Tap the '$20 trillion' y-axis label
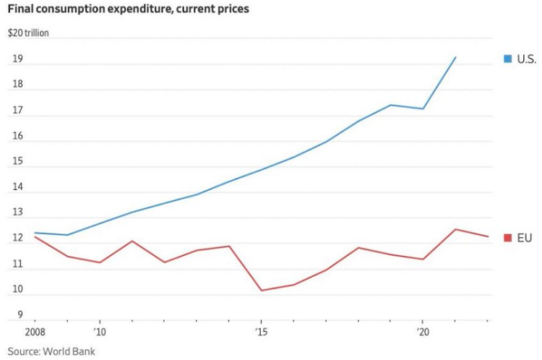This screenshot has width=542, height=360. (x=29, y=33)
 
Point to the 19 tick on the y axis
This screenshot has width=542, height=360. (x=19, y=59)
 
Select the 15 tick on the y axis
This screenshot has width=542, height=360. (x=19, y=162)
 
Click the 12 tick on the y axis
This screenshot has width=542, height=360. (x=19, y=239)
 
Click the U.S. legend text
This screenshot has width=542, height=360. (x=525, y=58)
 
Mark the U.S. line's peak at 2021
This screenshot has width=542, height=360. (x=455, y=56)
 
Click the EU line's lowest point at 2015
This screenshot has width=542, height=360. (x=262, y=291)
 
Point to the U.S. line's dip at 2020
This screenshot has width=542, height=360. (x=423, y=108)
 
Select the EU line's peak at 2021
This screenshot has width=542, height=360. (x=455, y=229)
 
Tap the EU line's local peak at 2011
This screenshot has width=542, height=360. (x=132, y=241)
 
